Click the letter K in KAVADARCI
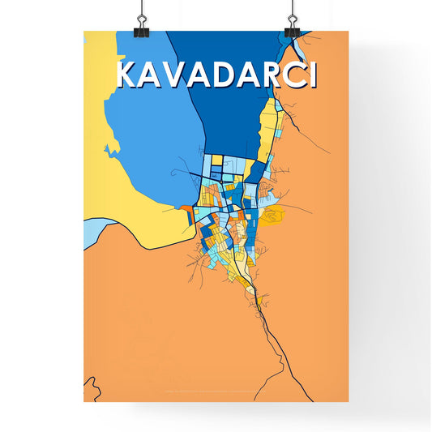point(129,74)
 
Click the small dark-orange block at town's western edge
point(187,209)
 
